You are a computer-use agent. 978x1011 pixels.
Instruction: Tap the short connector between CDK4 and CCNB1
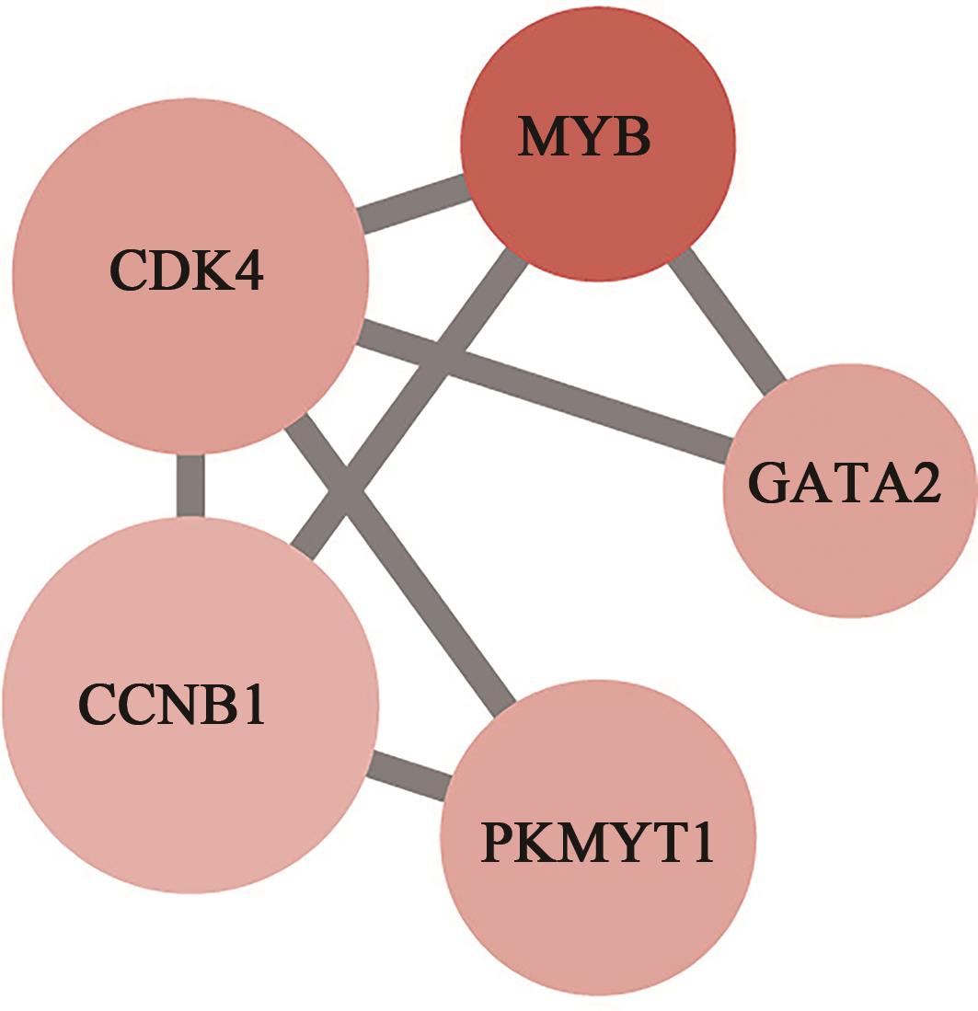coord(190,485)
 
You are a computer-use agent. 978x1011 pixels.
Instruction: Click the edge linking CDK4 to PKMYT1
coord(432,589)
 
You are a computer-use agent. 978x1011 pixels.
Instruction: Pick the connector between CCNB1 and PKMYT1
coord(409,775)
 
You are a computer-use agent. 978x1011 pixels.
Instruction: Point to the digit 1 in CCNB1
coord(251,704)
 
